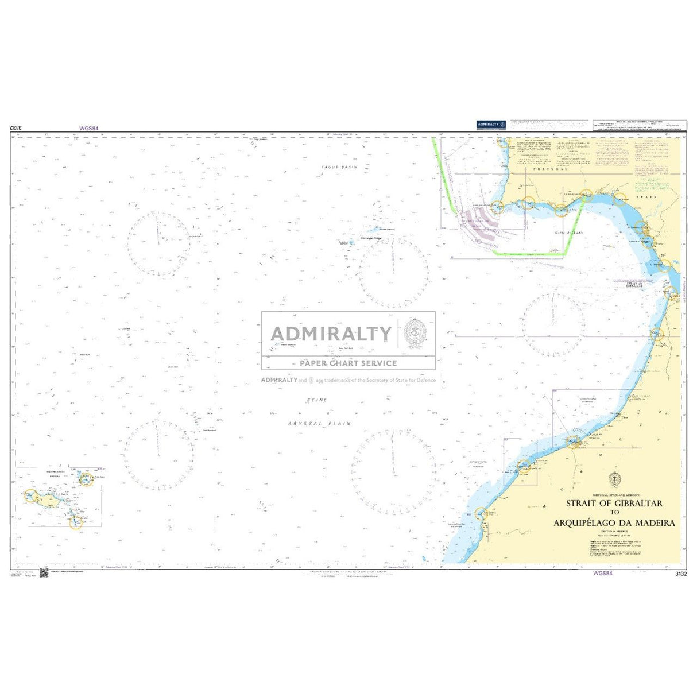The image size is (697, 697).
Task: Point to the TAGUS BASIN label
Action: point(339,167)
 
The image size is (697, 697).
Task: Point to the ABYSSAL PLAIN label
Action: point(319,424)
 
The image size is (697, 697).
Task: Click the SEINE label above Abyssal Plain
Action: point(317,400)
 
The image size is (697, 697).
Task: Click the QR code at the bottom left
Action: point(44,574)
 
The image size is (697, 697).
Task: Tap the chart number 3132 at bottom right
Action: point(680,574)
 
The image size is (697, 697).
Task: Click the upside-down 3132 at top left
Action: point(16,127)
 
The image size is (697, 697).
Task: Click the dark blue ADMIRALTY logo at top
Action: point(491,125)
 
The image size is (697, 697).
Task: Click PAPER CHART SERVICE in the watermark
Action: point(348,363)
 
